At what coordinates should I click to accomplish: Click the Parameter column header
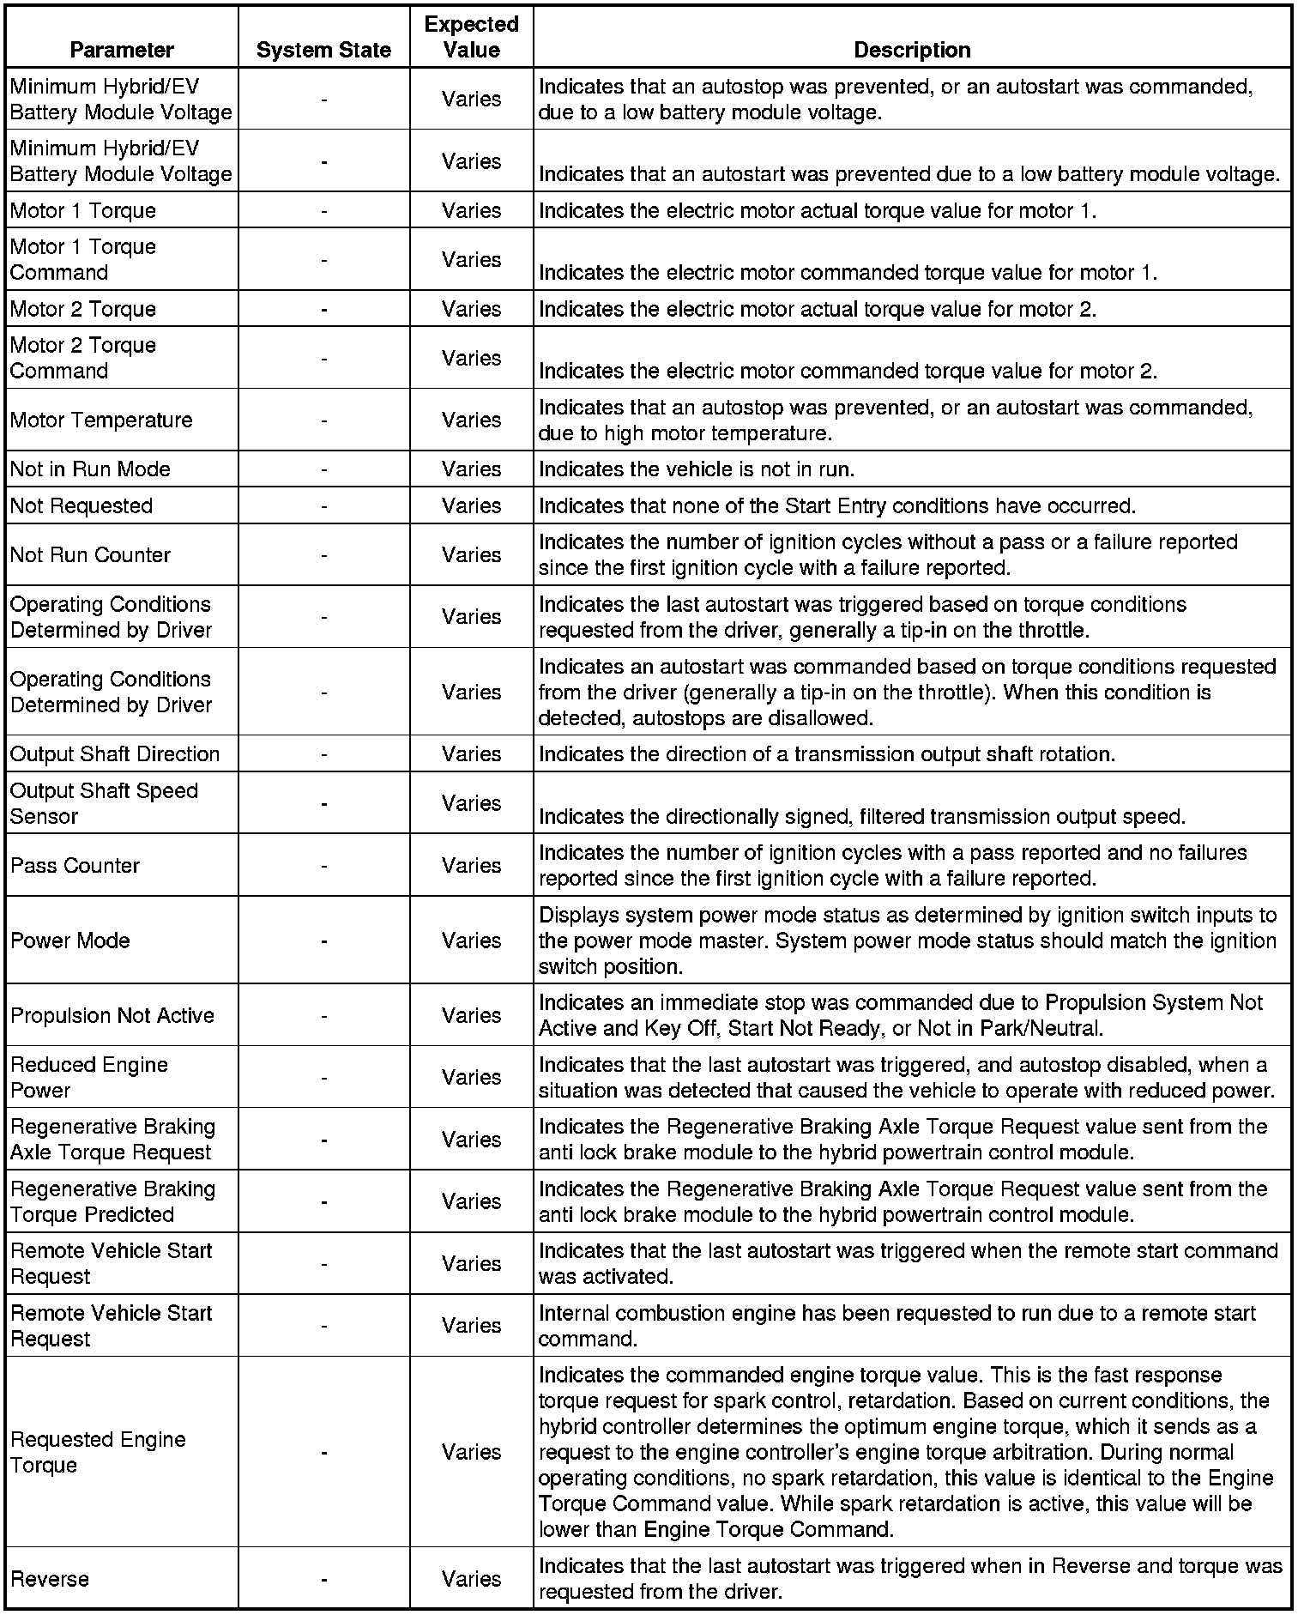point(122,50)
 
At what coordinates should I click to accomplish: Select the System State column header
point(323,51)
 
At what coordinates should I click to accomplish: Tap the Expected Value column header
point(471,37)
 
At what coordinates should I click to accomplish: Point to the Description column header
point(912,51)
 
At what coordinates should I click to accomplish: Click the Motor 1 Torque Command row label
point(83,259)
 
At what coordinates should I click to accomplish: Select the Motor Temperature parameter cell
point(101,420)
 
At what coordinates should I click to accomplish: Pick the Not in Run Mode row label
point(90,469)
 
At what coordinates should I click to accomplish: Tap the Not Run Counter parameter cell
point(90,555)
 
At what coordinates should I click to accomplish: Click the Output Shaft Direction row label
point(115,754)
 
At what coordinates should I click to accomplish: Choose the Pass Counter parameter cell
point(75,866)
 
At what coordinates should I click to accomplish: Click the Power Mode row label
point(70,941)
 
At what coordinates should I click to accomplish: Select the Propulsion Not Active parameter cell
point(112,1015)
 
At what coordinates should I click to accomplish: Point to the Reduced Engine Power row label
point(89,1078)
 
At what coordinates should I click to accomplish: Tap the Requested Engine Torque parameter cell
point(98,1452)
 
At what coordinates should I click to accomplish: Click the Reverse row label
point(50,1579)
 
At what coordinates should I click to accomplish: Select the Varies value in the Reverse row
point(471,1579)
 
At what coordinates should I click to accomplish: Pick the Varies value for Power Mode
point(471,941)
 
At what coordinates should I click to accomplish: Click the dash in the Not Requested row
point(323,506)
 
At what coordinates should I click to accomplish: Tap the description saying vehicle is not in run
point(696,469)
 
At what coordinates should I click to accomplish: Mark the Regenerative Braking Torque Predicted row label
point(112,1202)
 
